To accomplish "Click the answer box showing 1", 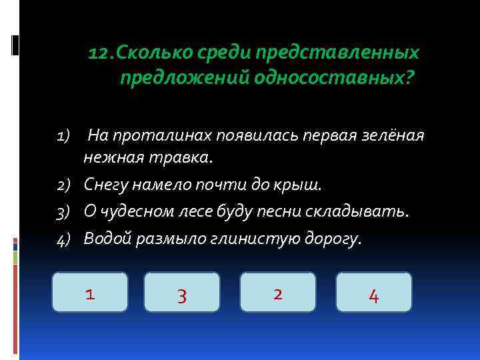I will click(89, 292).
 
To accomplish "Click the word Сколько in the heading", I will click(145, 53).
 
